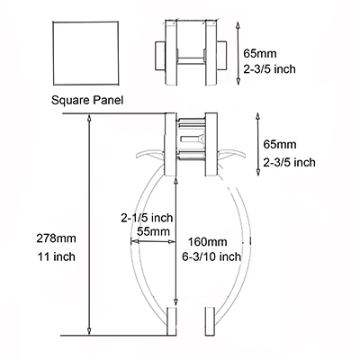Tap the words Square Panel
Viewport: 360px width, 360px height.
coord(87,100)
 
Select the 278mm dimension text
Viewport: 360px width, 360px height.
coord(57,238)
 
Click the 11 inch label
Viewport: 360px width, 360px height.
coord(57,256)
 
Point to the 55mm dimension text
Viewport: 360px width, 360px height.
coord(153,231)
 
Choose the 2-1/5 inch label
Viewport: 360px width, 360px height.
coord(147,218)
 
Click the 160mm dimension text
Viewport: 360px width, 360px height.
coord(208,241)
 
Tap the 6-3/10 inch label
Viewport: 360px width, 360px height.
coord(211,256)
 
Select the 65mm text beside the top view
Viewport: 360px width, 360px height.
coord(260,54)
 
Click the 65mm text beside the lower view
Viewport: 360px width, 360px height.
coord(280,144)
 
